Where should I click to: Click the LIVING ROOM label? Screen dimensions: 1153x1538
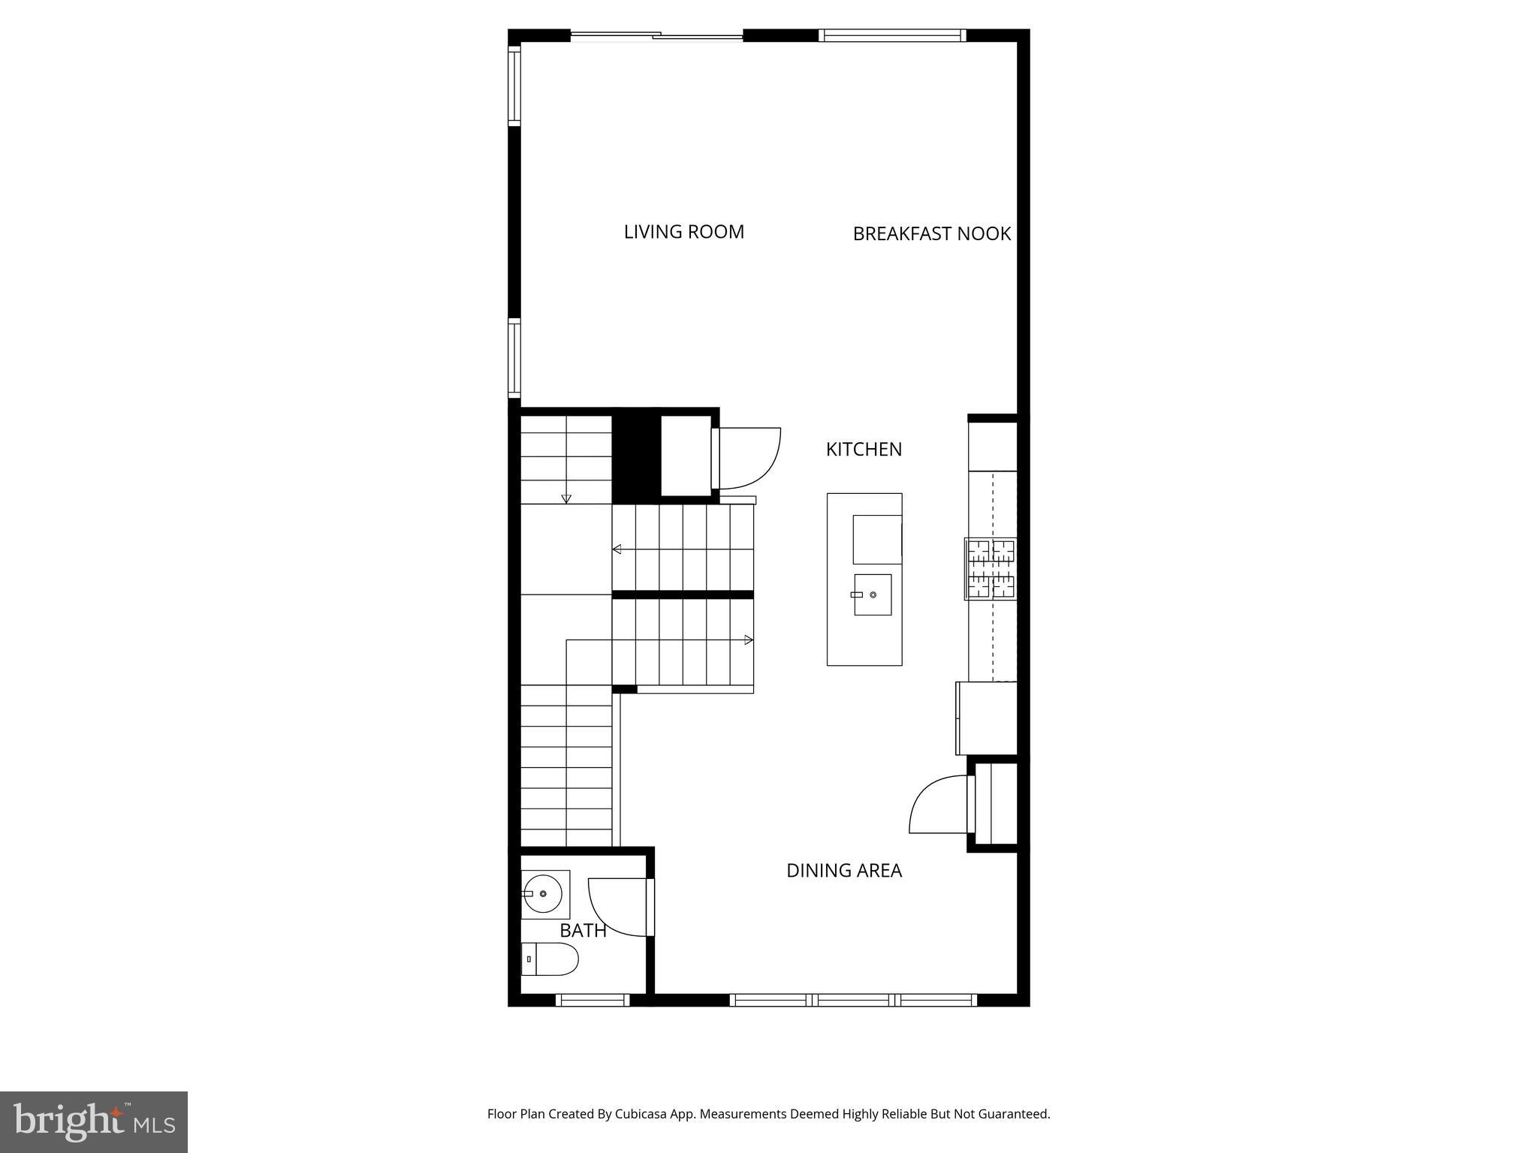click(683, 232)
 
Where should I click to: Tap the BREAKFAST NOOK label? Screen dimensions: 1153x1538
click(931, 234)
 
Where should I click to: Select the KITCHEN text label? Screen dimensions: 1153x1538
click(864, 450)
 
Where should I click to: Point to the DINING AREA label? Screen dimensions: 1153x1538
click(844, 871)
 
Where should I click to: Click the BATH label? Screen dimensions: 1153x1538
click(583, 931)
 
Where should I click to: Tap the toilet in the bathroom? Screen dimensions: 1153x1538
click(550, 959)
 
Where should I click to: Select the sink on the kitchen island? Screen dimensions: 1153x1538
click(873, 595)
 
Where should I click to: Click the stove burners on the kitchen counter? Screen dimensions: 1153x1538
click(991, 569)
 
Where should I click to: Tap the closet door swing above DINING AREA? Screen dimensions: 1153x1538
click(936, 805)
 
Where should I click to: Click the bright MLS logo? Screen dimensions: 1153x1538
click(94, 1121)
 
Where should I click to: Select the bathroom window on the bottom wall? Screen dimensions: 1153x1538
click(593, 1000)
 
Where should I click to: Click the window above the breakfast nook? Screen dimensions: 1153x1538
click(892, 35)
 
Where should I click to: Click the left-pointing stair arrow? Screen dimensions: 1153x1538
click(617, 549)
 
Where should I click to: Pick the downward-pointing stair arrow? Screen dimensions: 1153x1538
click(566, 499)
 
